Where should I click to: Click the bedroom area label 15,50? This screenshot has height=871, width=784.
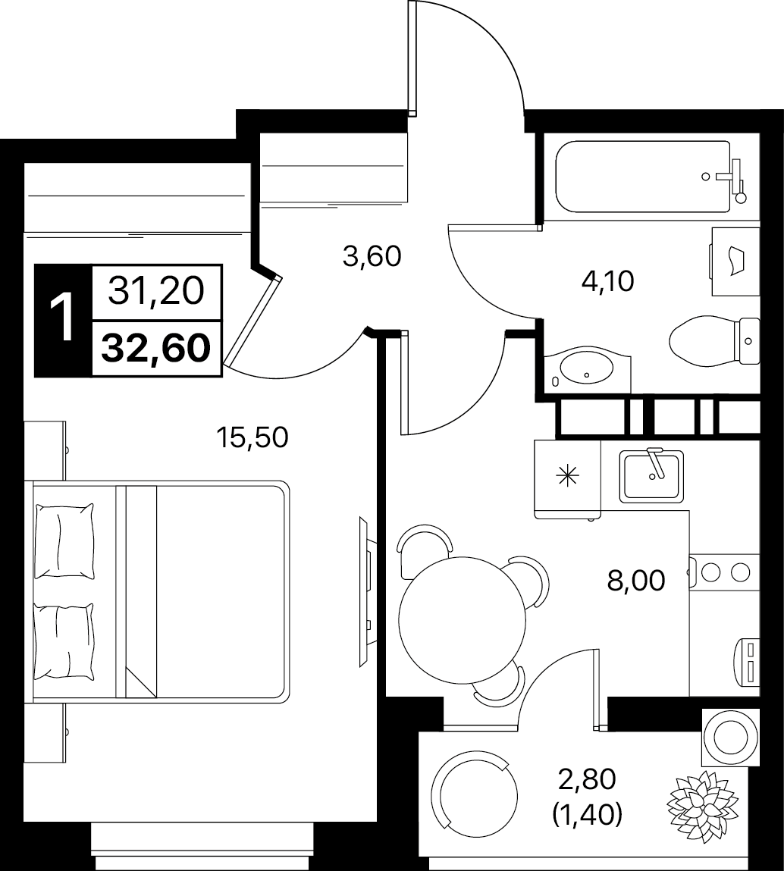click(252, 437)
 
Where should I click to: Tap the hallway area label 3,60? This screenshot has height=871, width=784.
click(372, 257)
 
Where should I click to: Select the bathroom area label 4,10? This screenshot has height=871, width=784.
click(607, 282)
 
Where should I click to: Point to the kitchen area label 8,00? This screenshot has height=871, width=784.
click(636, 581)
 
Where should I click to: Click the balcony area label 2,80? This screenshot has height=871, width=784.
click(588, 779)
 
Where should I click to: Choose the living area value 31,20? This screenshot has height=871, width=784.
click(156, 292)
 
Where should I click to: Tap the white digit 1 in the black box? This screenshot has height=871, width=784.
click(62, 318)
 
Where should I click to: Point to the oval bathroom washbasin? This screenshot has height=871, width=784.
click(587, 367)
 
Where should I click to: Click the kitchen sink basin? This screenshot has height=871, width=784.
click(652, 475)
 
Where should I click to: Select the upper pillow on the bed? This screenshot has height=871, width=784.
click(64, 540)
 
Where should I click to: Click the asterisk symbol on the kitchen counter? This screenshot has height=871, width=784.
click(568, 476)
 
